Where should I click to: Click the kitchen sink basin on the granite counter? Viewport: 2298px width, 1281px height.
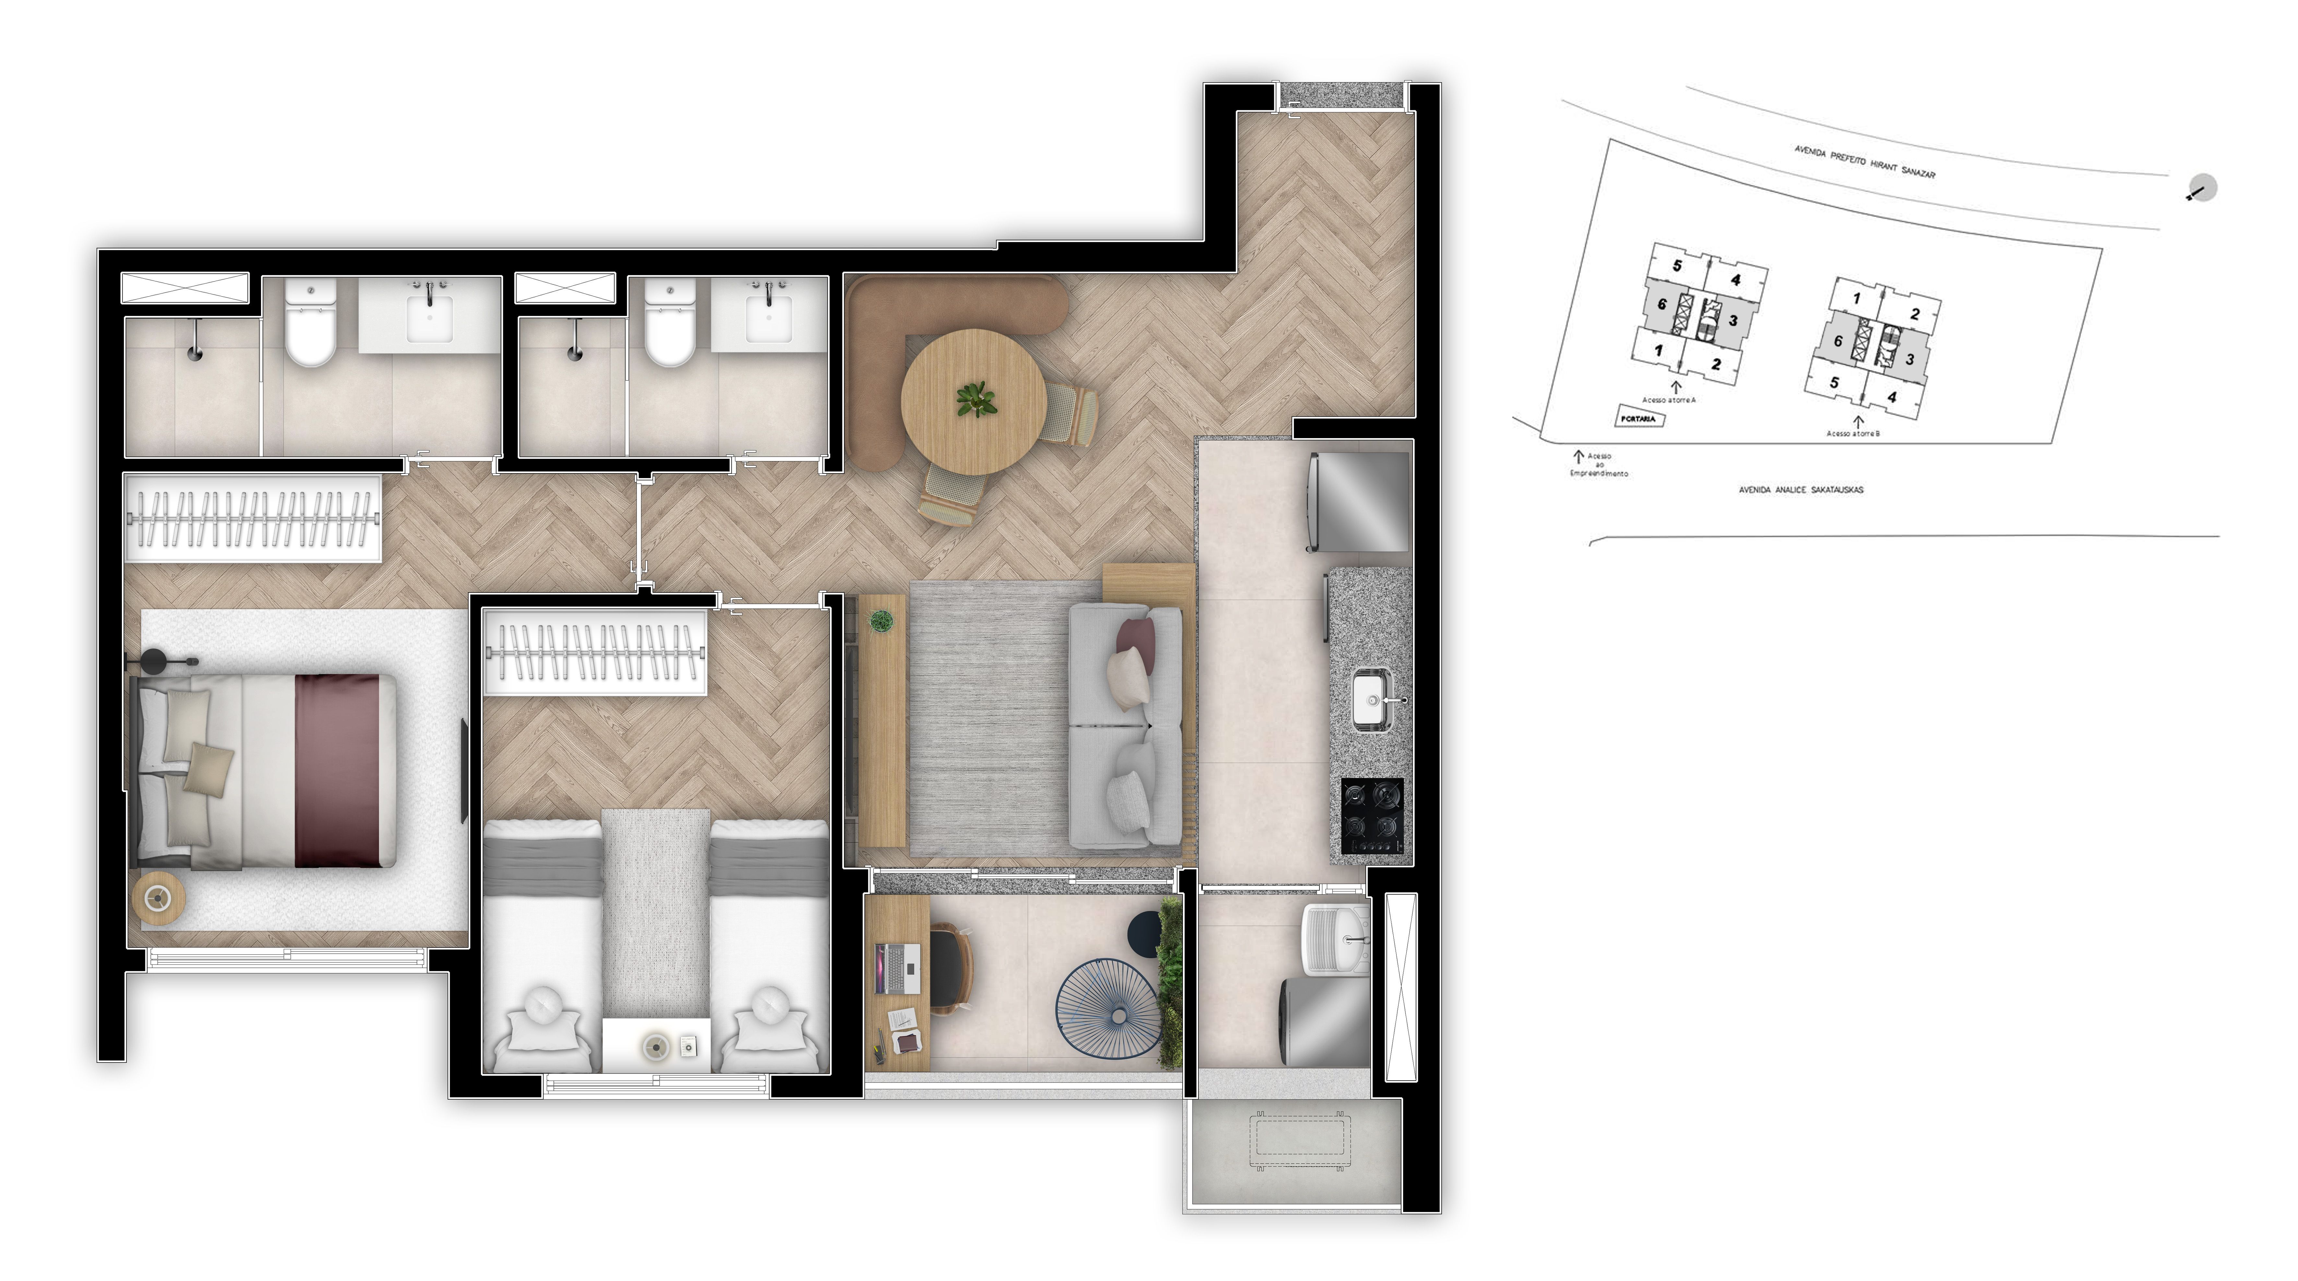(1369, 700)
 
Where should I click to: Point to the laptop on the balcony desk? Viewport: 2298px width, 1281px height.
(901, 969)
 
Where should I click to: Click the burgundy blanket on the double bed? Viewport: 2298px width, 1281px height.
(337, 771)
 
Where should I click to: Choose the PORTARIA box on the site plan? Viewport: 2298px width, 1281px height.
(1640, 418)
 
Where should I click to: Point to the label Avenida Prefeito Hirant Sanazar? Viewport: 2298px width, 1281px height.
(1864, 162)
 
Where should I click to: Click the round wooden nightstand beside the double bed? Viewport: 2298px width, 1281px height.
(159, 897)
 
